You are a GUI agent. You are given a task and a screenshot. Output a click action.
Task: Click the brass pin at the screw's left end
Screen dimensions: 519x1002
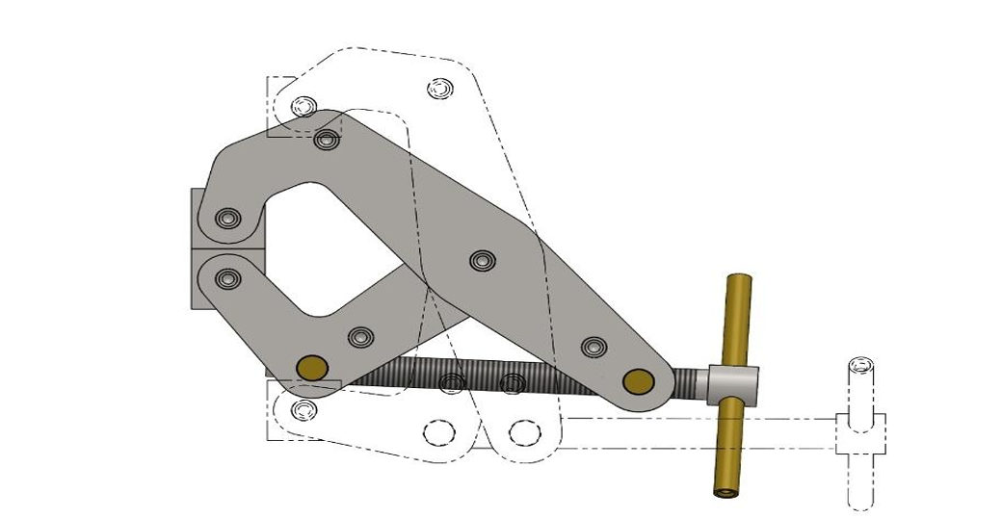(x=311, y=366)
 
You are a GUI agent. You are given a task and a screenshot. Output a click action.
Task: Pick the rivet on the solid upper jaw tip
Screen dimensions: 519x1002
(x=226, y=219)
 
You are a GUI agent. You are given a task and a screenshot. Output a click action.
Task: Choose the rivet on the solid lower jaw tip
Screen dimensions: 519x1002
(x=227, y=279)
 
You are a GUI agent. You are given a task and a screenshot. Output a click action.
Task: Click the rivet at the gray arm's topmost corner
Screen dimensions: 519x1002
(x=327, y=140)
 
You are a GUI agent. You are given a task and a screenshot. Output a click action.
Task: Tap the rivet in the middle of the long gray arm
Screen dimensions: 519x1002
(x=481, y=260)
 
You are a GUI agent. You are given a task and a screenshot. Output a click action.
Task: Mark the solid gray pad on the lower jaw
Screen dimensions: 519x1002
(x=196, y=279)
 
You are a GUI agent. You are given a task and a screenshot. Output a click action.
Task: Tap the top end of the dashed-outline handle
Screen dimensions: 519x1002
(x=859, y=365)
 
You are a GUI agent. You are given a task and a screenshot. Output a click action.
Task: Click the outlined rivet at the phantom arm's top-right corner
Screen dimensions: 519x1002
(x=439, y=89)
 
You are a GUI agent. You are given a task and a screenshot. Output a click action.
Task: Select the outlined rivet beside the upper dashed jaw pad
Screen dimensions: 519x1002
(x=304, y=104)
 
